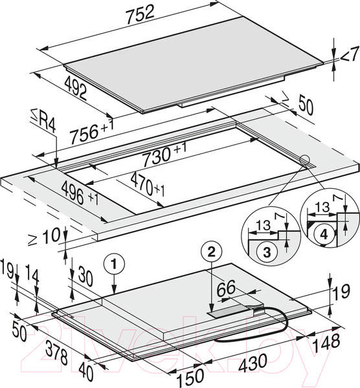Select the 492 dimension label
click(76, 89)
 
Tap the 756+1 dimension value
click(92, 131)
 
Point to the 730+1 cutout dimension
click(164, 155)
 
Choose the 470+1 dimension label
click(148, 184)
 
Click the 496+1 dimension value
click(80, 193)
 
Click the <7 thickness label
click(350, 58)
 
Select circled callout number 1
click(113, 264)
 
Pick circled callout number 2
click(211, 253)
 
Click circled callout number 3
click(267, 253)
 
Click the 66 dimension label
click(226, 288)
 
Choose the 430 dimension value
click(253, 363)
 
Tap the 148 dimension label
click(326, 343)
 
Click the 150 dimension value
click(190, 376)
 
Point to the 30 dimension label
click(84, 278)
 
